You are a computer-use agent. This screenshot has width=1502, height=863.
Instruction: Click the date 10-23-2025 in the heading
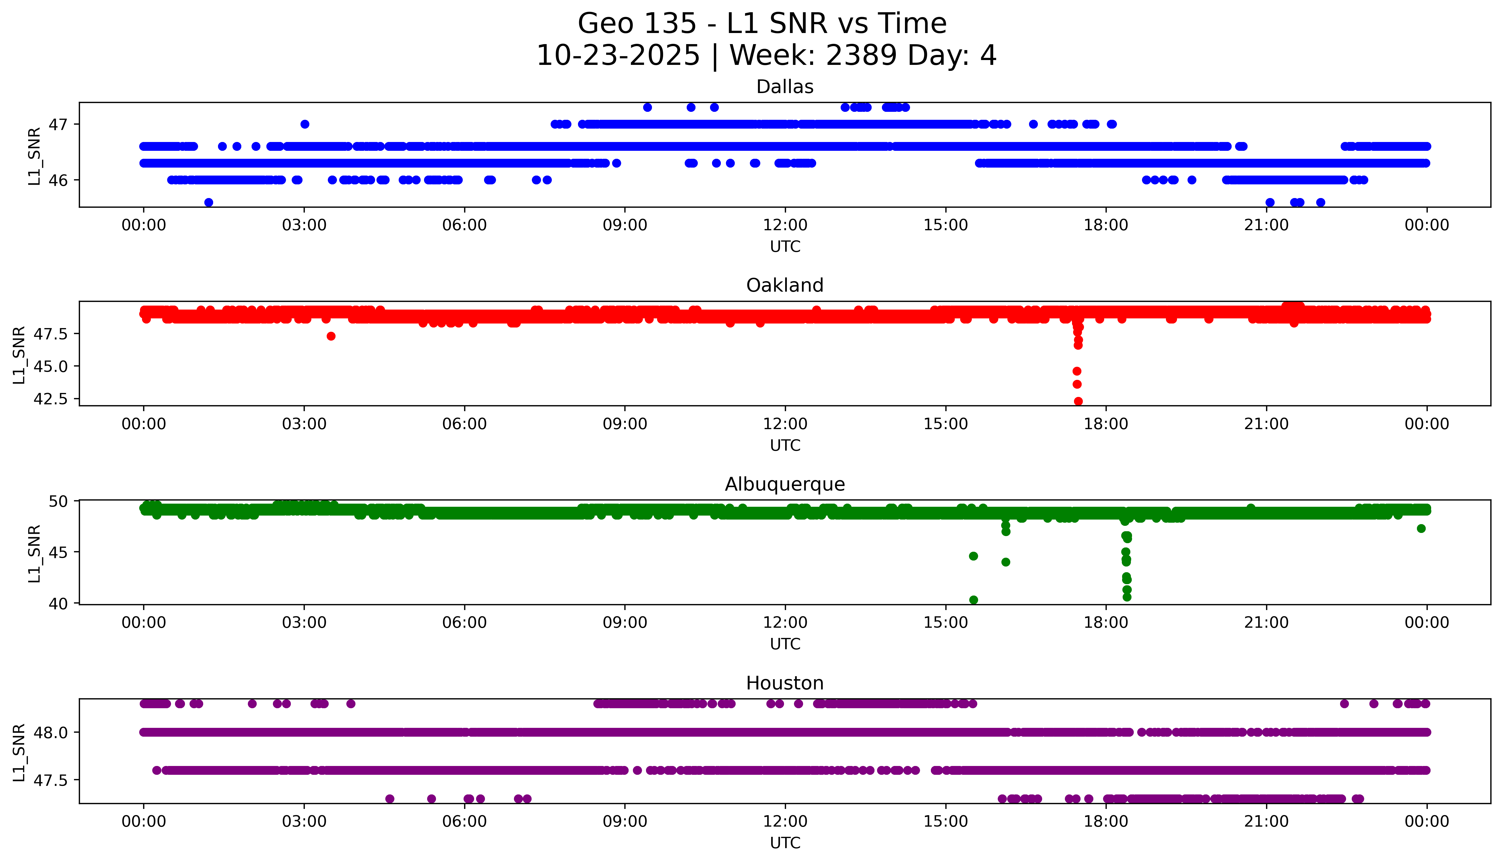point(618,56)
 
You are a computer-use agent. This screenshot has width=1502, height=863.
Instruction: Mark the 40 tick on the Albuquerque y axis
point(63,604)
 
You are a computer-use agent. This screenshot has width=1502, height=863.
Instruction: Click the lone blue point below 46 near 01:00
point(209,202)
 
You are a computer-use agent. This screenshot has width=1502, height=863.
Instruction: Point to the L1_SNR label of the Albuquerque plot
point(34,553)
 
